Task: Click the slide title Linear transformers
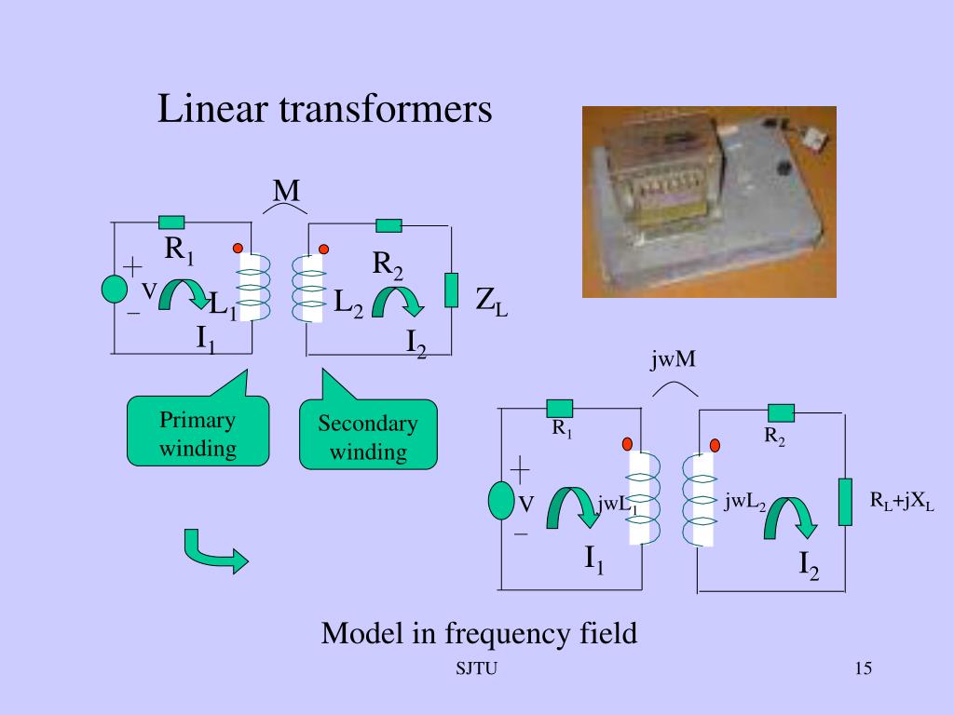[x=324, y=110]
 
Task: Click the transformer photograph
[x=709, y=201]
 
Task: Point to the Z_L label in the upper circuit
[x=491, y=301]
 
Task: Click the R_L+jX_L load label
[x=902, y=502]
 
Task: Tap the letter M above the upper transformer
[x=286, y=192]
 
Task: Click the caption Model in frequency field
[x=479, y=634]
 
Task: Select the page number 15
[x=862, y=668]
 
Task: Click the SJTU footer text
[x=476, y=669]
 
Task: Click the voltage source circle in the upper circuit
[x=114, y=290]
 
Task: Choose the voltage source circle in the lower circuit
[x=501, y=500]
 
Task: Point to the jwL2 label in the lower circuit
[x=745, y=503]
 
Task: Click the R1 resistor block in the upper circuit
[x=171, y=222]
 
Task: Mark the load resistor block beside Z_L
[x=452, y=290]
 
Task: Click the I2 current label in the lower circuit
[x=809, y=564]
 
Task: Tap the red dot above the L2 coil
[x=324, y=249]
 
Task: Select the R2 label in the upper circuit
[x=388, y=265]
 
